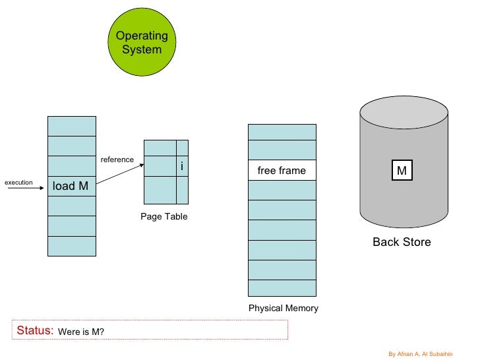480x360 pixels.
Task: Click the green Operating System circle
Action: (x=141, y=43)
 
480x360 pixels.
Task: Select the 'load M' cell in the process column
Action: (x=71, y=186)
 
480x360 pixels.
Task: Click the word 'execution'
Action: (x=18, y=182)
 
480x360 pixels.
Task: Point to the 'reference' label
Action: (x=117, y=160)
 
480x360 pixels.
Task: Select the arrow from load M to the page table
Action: (x=120, y=176)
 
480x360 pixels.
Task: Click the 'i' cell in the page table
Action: (x=182, y=166)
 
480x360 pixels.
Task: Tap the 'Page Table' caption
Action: (x=164, y=217)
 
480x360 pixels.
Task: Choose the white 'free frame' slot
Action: (x=282, y=171)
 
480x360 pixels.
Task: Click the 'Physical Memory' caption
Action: (x=283, y=308)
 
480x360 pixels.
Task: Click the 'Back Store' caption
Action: (x=402, y=242)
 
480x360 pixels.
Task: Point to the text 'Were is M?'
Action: (x=82, y=332)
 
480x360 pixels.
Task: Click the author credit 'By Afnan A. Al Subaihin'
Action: (x=429, y=353)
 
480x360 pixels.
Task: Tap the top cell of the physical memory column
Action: (x=282, y=132)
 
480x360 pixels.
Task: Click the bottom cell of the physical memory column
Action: (x=282, y=288)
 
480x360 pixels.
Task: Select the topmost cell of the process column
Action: (x=71, y=126)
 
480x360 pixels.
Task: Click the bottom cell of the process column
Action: (x=71, y=246)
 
